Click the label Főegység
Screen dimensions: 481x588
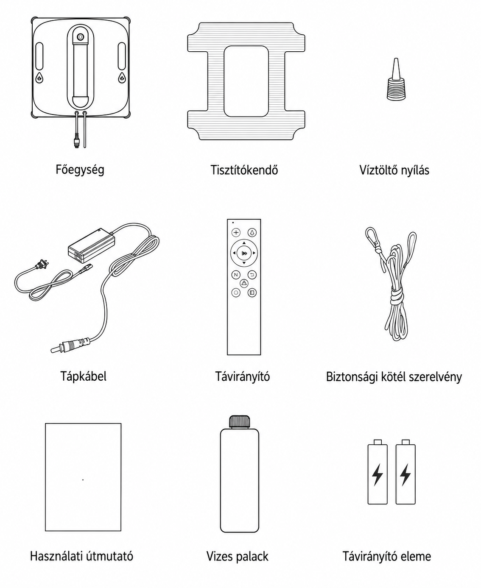coord(80,170)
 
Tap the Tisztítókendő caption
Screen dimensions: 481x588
coord(244,170)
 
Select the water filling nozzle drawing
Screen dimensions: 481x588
coord(396,79)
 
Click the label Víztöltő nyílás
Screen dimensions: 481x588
coord(394,170)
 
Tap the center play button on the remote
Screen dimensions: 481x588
coord(244,253)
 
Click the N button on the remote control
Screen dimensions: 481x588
coord(236,275)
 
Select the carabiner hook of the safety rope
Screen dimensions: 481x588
coord(371,236)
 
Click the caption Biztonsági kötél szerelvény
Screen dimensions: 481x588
coord(394,376)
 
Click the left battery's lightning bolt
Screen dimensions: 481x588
coord(377,474)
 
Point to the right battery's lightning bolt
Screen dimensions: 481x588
coord(405,474)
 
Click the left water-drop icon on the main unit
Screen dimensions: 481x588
coord(39,78)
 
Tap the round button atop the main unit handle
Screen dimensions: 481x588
coord(81,36)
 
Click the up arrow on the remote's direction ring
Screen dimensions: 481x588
coord(244,243)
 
